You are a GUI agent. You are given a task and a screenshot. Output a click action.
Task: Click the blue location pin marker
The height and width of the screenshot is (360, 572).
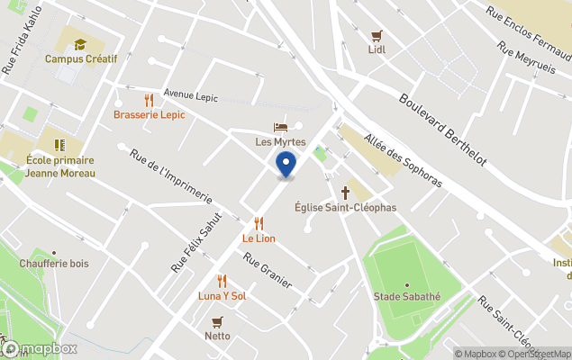pos(286,165)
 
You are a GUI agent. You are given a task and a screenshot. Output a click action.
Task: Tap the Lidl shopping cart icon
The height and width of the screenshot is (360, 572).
pos(377,36)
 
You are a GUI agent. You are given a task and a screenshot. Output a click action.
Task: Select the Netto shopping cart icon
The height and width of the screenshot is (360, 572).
pos(217,321)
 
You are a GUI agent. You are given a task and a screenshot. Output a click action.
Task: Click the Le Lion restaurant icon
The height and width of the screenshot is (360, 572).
pos(259,223)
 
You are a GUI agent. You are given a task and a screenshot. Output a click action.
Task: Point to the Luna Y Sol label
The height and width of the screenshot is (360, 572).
pos(222,296)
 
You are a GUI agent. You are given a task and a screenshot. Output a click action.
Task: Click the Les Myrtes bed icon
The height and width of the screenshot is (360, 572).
pos(280,128)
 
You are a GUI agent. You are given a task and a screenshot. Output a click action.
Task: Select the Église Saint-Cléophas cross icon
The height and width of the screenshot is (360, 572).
pos(345,193)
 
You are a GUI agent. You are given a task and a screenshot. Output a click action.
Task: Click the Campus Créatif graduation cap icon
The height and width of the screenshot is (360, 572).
pos(80,44)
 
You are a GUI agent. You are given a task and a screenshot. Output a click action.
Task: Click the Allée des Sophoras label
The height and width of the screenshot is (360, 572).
pos(403,161)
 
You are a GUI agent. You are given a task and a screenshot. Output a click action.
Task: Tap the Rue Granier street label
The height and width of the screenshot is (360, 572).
pos(268,270)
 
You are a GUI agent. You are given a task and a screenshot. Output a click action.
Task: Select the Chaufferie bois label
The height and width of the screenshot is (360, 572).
pos(55,264)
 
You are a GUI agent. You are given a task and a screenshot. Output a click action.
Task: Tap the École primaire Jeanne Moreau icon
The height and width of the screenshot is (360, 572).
pos(59,144)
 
